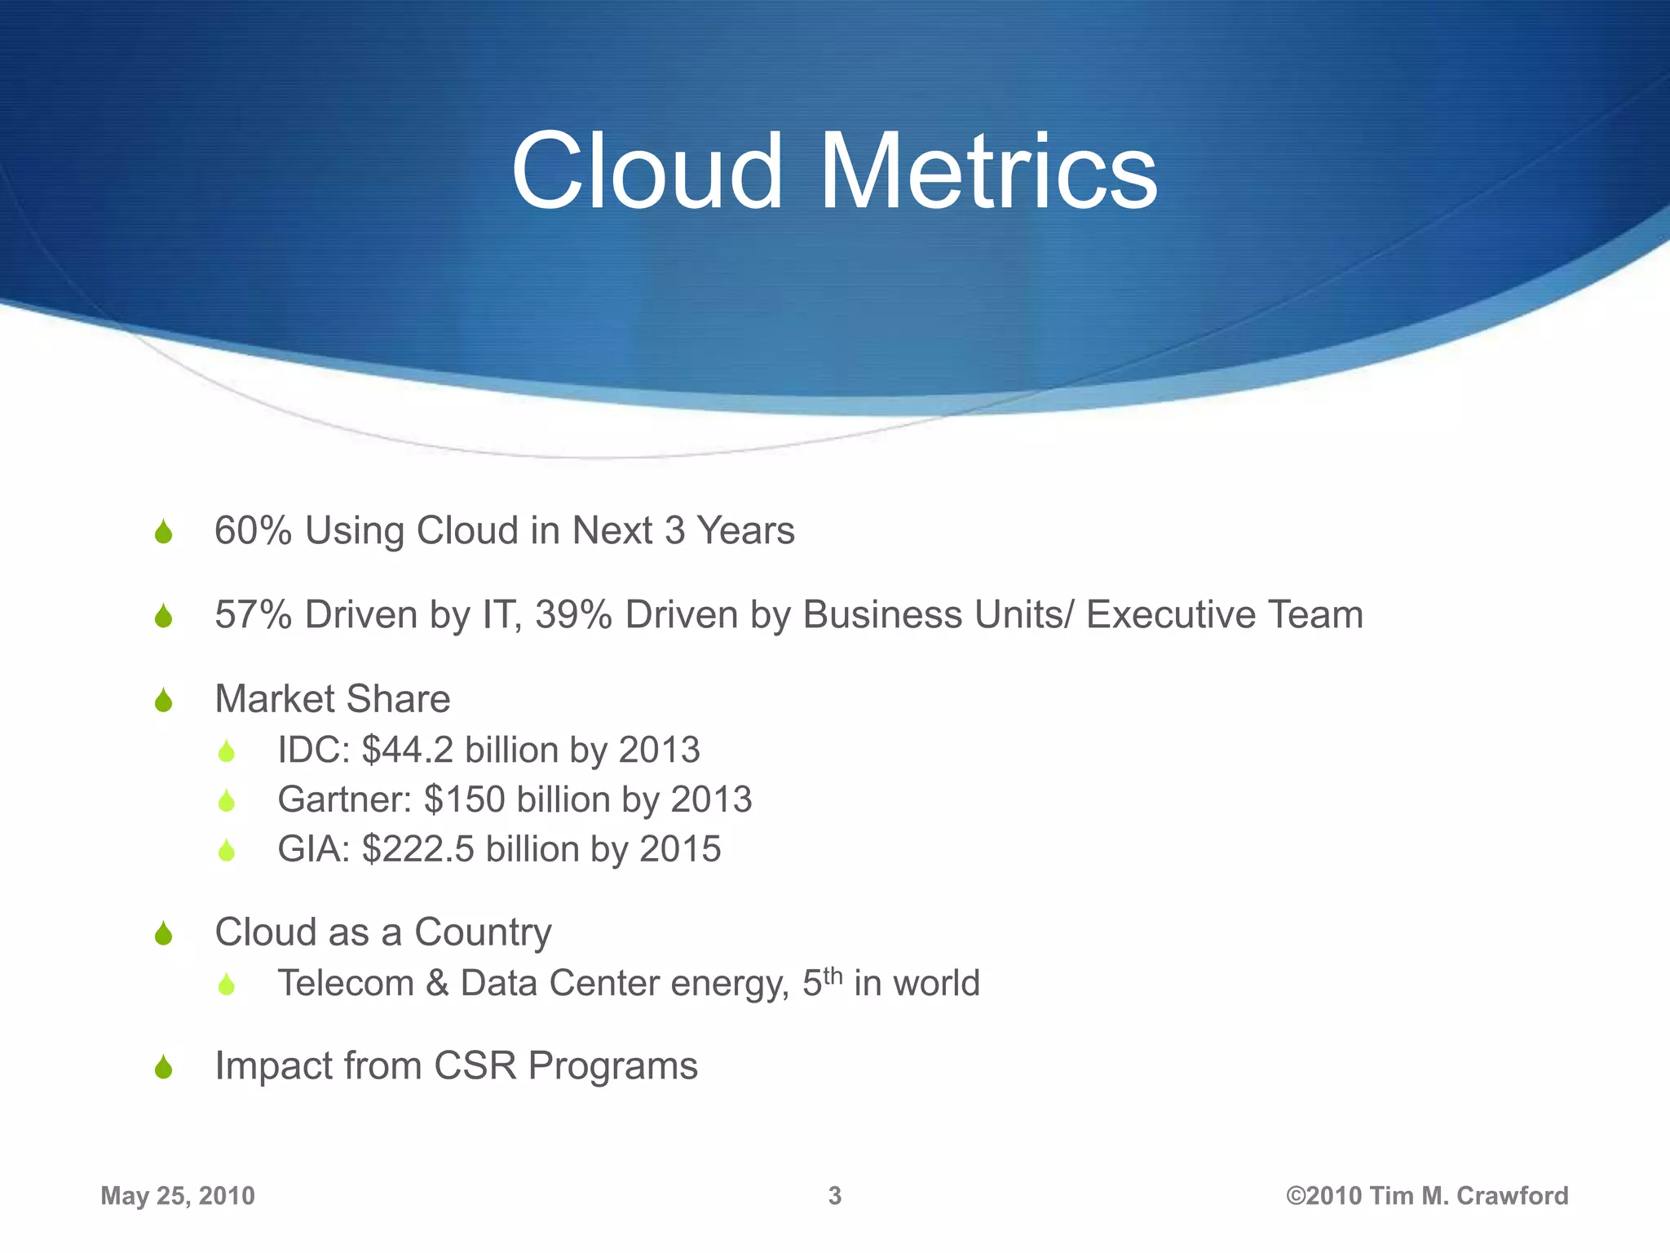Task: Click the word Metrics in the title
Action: tap(987, 173)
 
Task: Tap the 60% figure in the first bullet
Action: tap(253, 531)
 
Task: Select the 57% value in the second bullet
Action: tap(253, 615)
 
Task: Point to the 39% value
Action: tap(573, 615)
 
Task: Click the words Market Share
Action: tap(332, 699)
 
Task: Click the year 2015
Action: tap(680, 849)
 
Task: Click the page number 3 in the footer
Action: tap(834, 1196)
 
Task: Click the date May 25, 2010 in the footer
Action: tap(178, 1196)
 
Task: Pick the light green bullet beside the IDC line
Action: tap(227, 751)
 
